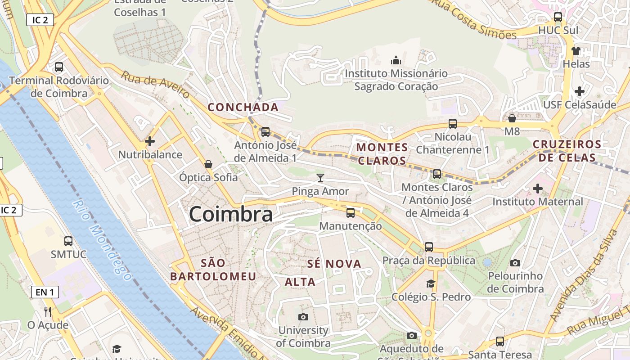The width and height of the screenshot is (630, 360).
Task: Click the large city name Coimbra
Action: [231, 214]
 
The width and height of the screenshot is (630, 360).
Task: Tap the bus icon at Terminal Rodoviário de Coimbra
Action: [58, 67]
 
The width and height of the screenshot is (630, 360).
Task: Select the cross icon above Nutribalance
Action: [150, 141]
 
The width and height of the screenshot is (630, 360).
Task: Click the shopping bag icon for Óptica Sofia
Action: [208, 164]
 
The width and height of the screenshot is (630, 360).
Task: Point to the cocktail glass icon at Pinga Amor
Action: [320, 178]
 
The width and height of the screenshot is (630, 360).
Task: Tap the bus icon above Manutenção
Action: [351, 213]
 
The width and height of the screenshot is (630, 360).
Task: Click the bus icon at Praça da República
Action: [429, 247]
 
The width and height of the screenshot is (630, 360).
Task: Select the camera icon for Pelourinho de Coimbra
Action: [515, 263]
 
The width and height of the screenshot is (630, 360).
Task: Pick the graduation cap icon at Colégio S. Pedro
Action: [431, 283]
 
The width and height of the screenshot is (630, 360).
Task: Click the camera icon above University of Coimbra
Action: [303, 317]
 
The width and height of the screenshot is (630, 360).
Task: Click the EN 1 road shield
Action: [45, 292]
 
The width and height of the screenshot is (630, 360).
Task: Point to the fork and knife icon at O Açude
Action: [48, 311]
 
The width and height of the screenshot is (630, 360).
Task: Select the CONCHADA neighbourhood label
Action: [243, 107]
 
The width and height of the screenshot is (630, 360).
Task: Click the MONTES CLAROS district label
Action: [382, 154]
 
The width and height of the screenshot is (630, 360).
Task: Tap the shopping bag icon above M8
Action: [512, 118]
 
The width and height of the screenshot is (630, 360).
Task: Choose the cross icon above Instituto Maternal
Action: [538, 188]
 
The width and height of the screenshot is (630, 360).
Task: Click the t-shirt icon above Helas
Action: [576, 50]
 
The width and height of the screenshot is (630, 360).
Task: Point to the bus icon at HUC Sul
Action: [558, 17]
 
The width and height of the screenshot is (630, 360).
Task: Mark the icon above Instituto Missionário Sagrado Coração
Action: [396, 60]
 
